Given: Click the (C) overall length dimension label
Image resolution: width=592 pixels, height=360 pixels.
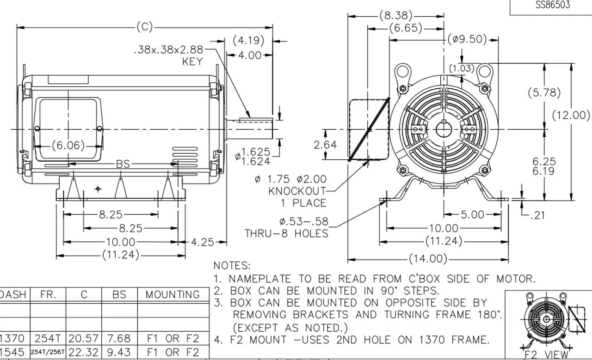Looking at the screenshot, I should [x=144, y=27].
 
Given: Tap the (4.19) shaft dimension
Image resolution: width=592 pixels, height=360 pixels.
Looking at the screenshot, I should [x=248, y=41].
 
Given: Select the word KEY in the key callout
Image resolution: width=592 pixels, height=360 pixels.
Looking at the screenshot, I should [x=192, y=62].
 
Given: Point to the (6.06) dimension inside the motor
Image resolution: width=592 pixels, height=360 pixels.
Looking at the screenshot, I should [x=68, y=146].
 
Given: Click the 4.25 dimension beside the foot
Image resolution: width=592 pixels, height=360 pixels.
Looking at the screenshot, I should [x=202, y=242].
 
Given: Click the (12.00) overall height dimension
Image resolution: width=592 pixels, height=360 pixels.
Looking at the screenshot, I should [x=571, y=115].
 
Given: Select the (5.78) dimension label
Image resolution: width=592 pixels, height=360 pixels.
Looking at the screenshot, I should [x=544, y=92].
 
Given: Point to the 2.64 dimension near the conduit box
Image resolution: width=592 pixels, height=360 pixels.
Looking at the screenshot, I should [x=325, y=145].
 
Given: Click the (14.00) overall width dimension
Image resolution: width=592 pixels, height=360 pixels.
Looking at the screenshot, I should [x=428, y=258].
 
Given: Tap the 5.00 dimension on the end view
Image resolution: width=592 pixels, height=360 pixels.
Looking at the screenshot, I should [x=472, y=215].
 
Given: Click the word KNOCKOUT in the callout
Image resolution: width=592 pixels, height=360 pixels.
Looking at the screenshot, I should [x=297, y=191].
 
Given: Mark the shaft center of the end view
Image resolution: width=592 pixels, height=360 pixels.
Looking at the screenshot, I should [x=444, y=130].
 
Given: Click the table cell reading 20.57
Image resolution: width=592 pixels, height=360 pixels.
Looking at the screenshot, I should [x=84, y=339].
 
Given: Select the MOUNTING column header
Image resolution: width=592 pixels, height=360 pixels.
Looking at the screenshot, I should [x=173, y=295].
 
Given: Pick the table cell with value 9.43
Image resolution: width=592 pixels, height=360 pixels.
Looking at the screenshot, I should [x=119, y=353].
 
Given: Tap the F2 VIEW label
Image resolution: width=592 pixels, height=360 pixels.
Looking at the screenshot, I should [x=549, y=355].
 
